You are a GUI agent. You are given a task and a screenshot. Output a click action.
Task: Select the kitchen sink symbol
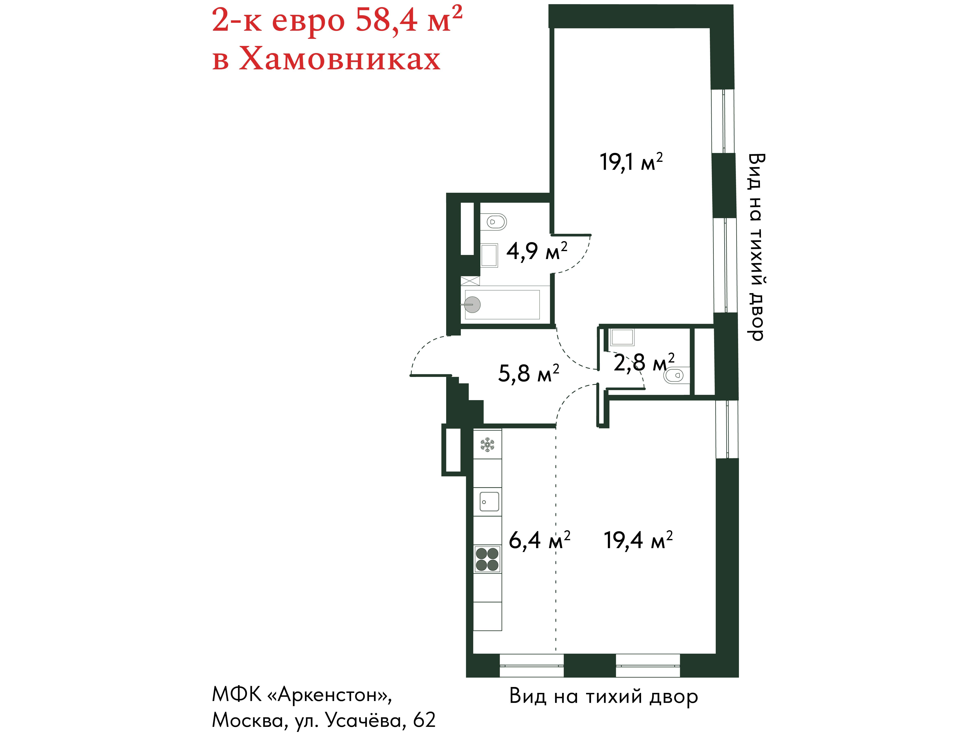pos(489,502)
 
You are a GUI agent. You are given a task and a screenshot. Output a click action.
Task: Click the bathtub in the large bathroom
pos(502,305)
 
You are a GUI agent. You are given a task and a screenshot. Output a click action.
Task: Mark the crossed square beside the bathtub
pos(470,281)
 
